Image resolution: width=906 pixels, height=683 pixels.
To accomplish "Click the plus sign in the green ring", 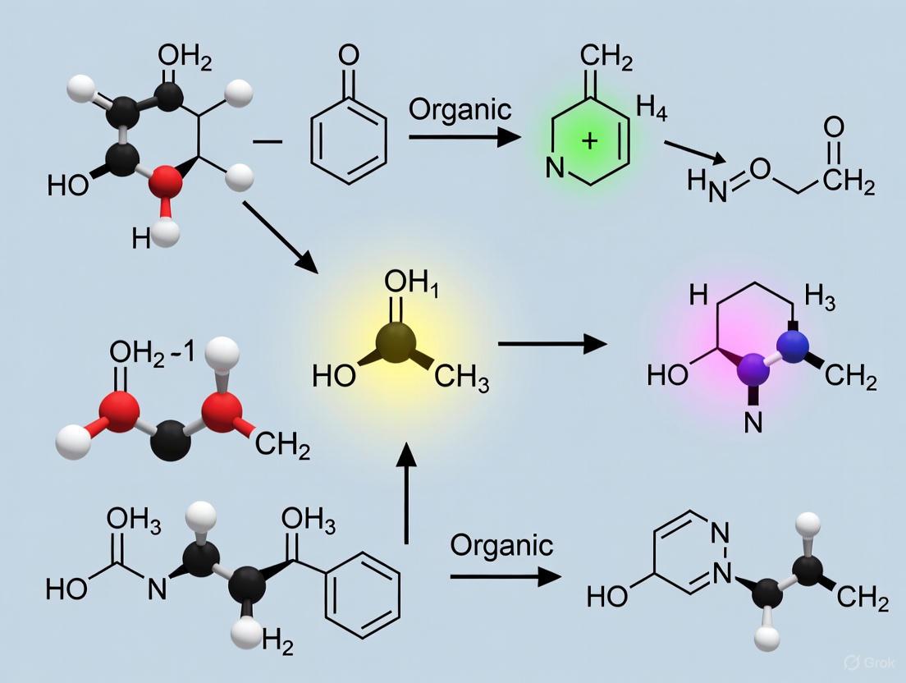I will pyautogui.click(x=588, y=140).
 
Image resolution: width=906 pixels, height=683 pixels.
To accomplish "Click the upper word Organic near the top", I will pyautogui.click(x=460, y=109).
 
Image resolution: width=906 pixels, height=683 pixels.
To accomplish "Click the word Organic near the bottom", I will pyautogui.click(x=501, y=545).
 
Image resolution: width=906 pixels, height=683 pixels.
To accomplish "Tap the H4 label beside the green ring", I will pyautogui.click(x=652, y=109).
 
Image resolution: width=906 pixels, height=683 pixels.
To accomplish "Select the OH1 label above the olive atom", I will pyautogui.click(x=405, y=283).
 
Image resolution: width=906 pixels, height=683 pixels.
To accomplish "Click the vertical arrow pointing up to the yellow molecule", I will pyautogui.click(x=407, y=493).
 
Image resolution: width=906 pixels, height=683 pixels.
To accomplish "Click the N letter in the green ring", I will pyautogui.click(x=556, y=171).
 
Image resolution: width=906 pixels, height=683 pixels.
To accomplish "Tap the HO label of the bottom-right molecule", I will pyautogui.click(x=608, y=597).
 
